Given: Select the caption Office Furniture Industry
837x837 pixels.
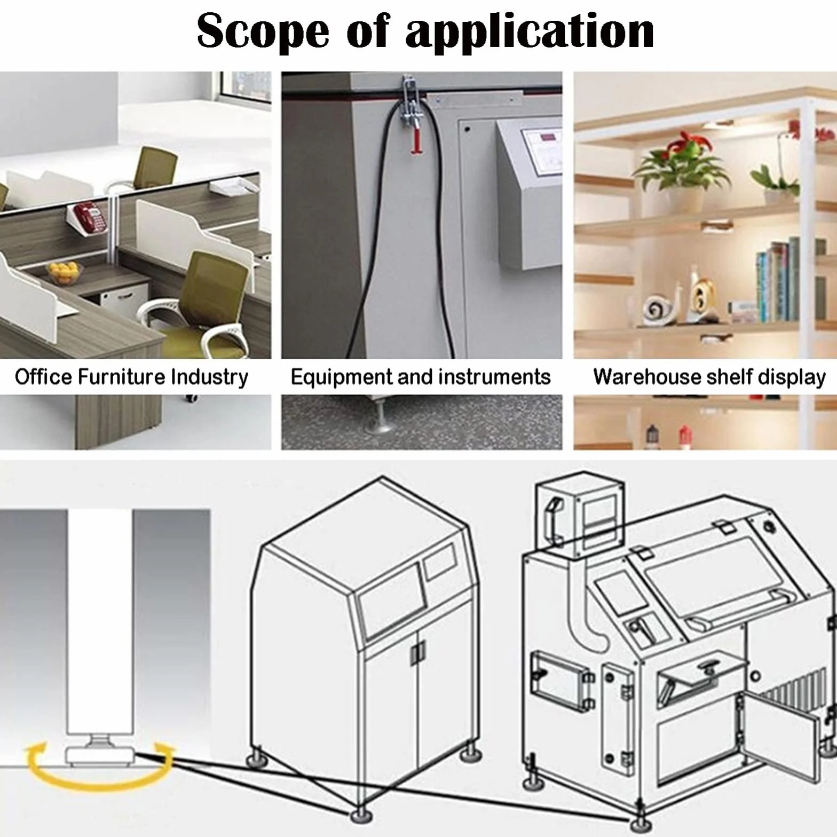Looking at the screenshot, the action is tap(131, 377).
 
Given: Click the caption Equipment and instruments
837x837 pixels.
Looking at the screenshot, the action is tap(421, 377).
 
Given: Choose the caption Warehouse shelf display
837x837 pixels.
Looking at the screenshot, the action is tap(709, 377).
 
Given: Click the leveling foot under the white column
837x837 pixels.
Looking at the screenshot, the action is tap(100, 750).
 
